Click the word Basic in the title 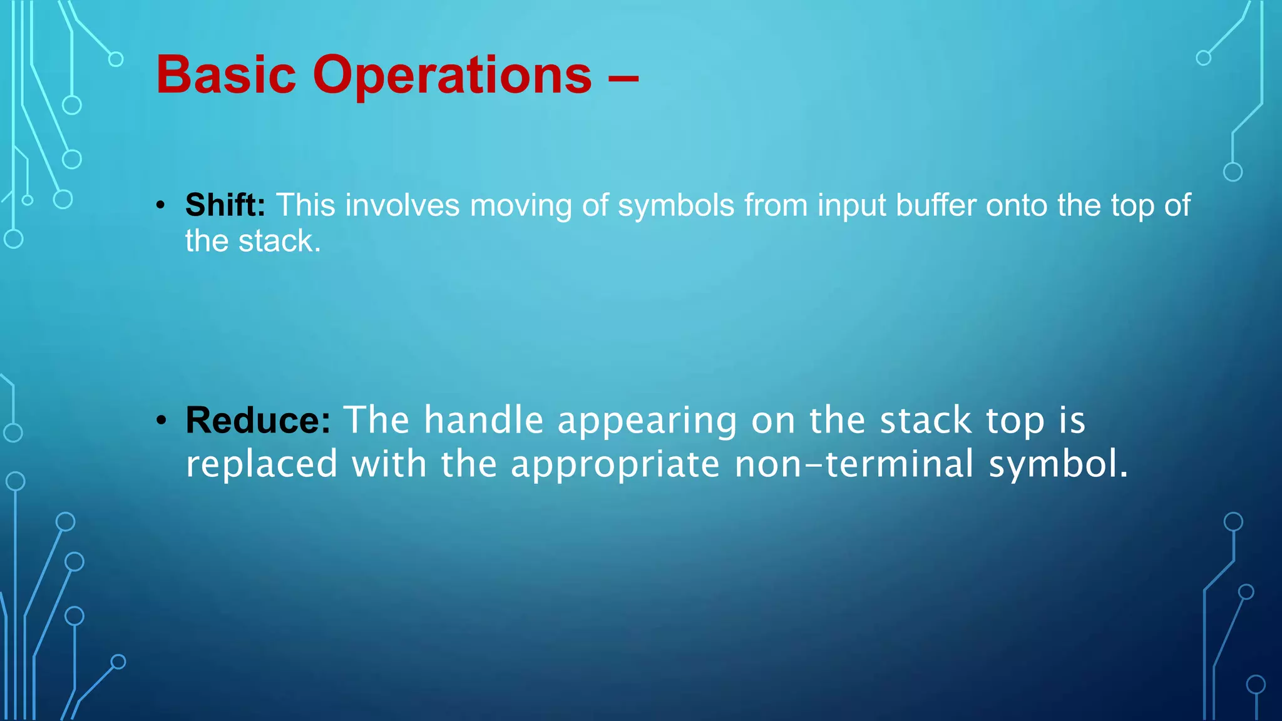225,75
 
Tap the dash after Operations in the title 623,78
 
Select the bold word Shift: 225,205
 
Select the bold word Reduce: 258,420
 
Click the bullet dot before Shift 162,206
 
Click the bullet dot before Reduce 162,421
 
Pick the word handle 483,420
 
